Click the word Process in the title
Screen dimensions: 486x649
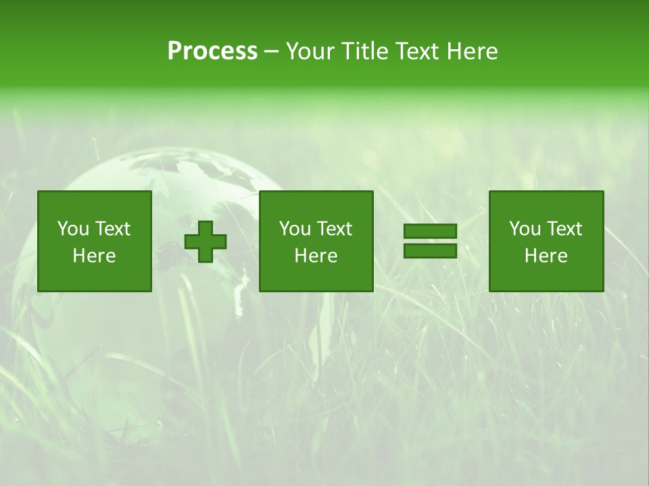(x=212, y=51)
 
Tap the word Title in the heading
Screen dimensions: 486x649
(x=365, y=51)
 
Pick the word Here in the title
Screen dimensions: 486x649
(x=472, y=51)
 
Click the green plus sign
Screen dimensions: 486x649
(x=206, y=241)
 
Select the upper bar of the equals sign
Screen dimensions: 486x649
(x=430, y=232)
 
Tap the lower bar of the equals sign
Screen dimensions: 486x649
(x=430, y=250)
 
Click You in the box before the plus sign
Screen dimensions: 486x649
(x=73, y=229)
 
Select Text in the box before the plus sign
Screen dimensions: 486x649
(x=112, y=229)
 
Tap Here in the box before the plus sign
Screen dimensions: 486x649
(x=94, y=256)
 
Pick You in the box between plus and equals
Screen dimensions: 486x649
(x=295, y=229)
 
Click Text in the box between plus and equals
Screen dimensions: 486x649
(x=333, y=229)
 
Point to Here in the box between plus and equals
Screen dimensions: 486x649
(x=316, y=256)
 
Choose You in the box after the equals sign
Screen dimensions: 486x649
(x=525, y=229)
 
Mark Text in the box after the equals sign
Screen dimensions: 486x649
(x=563, y=229)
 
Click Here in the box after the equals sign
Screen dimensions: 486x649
(x=546, y=256)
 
